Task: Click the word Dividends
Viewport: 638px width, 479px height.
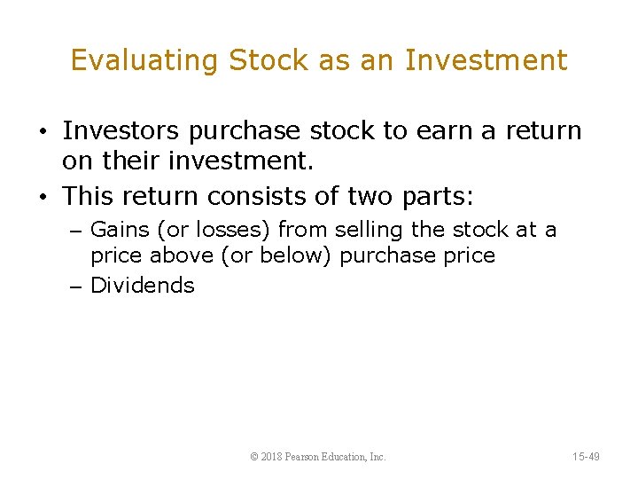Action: coord(142,285)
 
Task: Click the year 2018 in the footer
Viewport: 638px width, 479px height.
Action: coord(272,457)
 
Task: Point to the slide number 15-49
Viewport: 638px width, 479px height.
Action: coord(586,457)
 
